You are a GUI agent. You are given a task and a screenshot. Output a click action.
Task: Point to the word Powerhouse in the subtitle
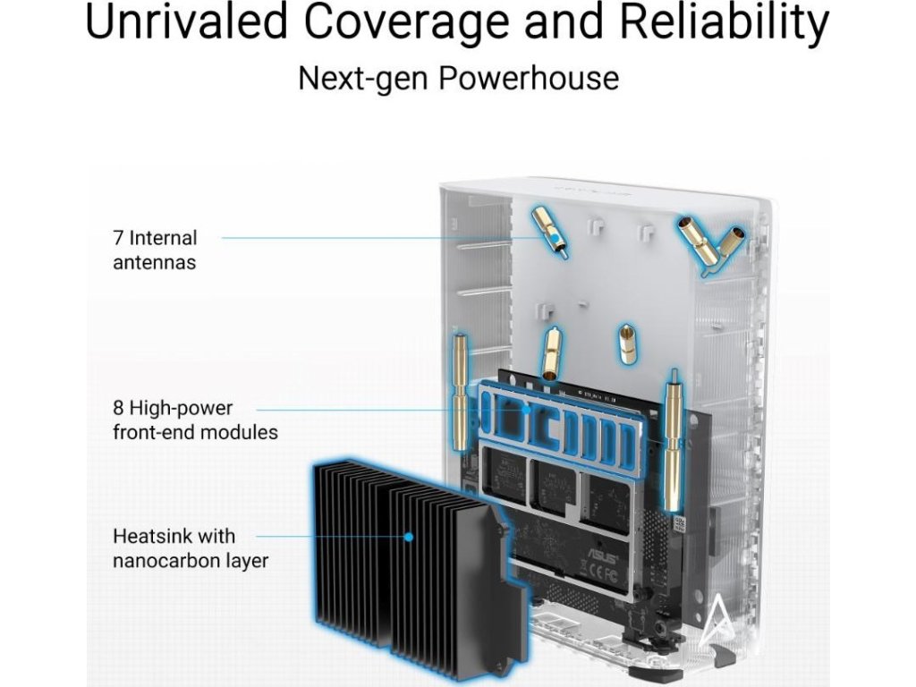(x=529, y=78)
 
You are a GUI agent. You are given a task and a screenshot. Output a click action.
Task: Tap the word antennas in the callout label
(x=154, y=263)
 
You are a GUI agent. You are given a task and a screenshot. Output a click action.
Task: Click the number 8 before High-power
(x=118, y=408)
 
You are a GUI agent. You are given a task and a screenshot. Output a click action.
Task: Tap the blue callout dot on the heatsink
(x=408, y=538)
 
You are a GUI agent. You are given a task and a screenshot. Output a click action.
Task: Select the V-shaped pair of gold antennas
(x=711, y=240)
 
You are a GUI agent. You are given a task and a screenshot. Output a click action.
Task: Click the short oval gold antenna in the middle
(x=628, y=343)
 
